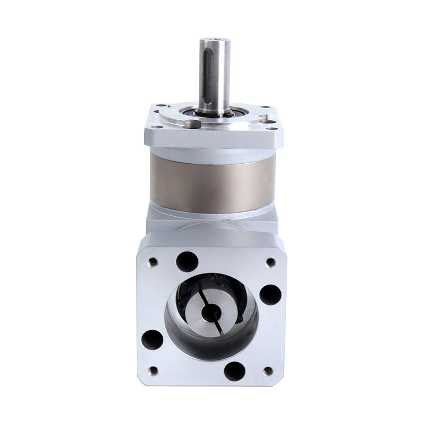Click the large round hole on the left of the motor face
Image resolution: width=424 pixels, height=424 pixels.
153,338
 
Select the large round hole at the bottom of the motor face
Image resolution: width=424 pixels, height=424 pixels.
235,369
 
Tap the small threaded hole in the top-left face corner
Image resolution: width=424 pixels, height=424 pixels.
153,261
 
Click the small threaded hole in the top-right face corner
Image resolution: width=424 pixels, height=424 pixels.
270,261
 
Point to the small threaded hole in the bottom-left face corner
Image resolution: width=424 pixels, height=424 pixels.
153,369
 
